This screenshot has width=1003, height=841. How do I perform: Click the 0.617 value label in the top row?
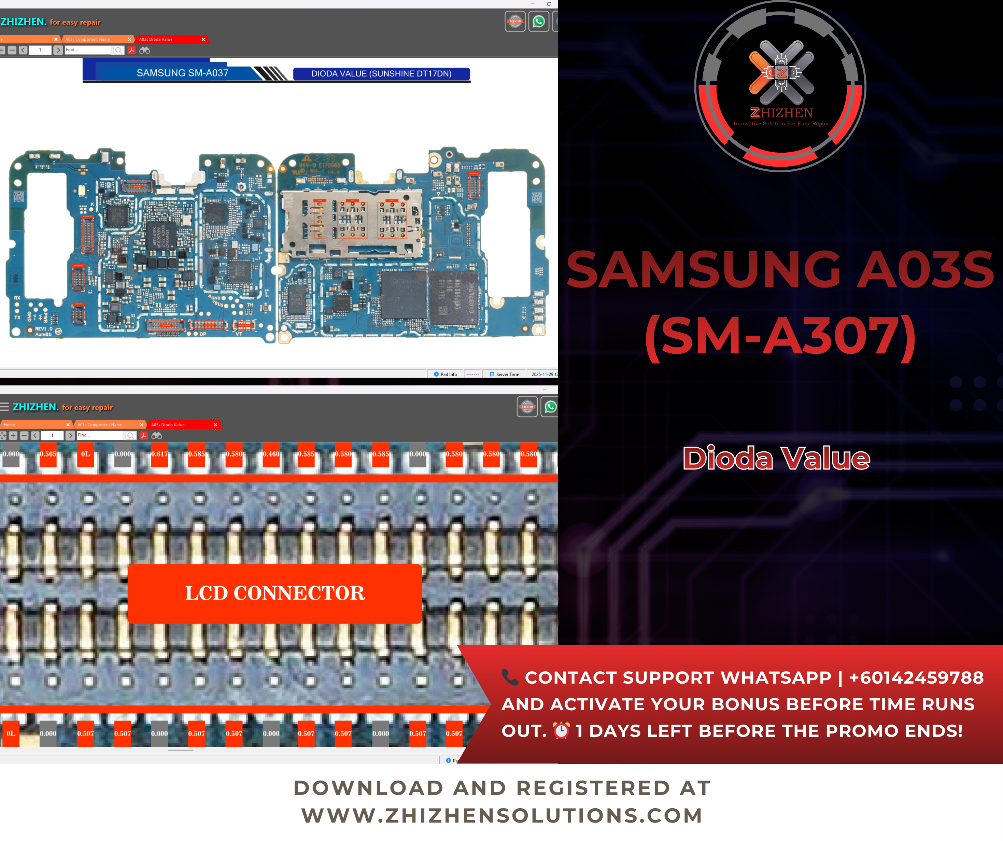pos(159,454)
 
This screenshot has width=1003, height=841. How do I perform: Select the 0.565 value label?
pos(48,454)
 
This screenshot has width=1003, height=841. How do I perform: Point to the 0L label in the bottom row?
pos(11,733)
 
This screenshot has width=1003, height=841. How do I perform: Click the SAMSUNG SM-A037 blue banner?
pos(182,73)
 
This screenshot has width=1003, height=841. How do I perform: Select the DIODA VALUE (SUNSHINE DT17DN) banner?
pos(381,74)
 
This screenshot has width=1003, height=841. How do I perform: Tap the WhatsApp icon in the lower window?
pos(550,407)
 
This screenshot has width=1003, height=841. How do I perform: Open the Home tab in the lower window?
pos(10,425)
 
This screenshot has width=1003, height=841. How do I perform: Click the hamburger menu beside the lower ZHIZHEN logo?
pos(5,407)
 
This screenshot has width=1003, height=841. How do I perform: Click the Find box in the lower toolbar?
pos(100,435)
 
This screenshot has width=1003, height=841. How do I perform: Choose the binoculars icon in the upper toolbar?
pos(145,50)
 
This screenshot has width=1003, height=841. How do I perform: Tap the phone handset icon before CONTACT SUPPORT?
pos(510,677)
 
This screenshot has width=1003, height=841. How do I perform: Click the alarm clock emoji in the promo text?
pos(561,731)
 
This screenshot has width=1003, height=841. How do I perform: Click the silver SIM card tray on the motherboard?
pos(351,222)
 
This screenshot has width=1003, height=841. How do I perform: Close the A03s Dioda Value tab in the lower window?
pos(215,425)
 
